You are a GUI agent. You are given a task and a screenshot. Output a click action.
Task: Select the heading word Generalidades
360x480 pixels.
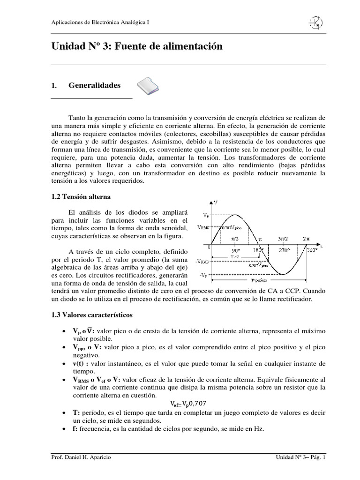[x=94, y=86]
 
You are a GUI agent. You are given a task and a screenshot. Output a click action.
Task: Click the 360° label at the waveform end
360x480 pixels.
[x=312, y=251]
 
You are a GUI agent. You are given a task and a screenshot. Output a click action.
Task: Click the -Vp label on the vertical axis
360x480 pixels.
[x=204, y=276]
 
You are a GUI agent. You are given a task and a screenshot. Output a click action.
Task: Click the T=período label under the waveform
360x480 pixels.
[x=261, y=280]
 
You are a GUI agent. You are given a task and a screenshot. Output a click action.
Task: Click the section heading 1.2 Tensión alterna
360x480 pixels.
[x=81, y=197]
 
